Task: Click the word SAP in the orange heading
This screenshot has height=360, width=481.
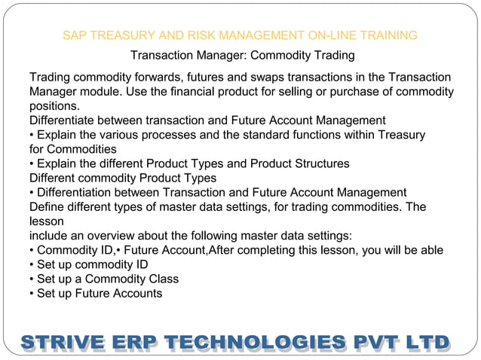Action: tap(74, 35)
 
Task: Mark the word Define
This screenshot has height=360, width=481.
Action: tap(48, 207)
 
